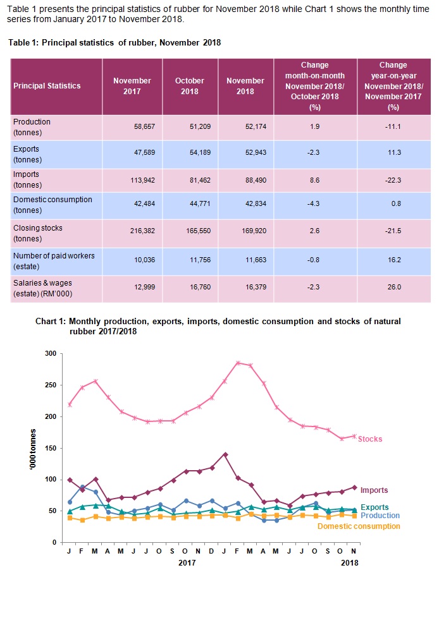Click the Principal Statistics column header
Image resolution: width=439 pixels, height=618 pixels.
coord(47,86)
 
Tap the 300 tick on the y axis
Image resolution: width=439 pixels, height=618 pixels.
coord(51,353)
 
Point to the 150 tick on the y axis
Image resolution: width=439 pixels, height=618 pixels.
coord(51,448)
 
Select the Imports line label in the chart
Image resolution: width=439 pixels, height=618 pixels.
coord(374,490)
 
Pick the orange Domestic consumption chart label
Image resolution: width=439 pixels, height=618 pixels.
coord(359,526)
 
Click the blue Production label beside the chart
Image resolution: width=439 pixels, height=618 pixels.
coord(380,516)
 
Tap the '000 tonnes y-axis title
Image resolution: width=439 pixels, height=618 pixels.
coord(32,448)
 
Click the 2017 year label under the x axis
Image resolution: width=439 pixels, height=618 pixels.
coord(186,562)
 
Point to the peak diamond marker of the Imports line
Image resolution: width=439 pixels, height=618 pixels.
coord(225,454)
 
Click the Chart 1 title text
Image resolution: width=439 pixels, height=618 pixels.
coord(218,326)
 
